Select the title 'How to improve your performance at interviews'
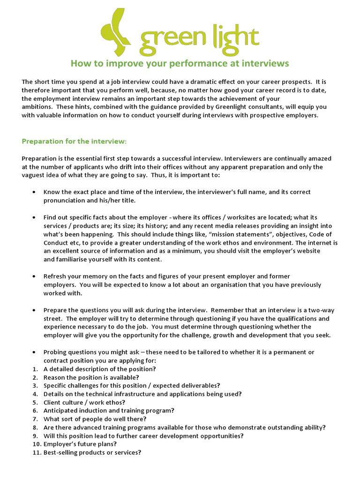tap(180, 63)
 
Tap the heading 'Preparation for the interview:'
tap(74, 141)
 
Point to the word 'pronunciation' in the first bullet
tap(65, 200)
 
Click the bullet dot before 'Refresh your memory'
tap(34, 277)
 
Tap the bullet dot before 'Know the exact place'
tap(34, 192)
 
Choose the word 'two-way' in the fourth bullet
tap(322, 310)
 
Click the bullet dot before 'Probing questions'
tap(34, 352)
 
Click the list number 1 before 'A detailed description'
tap(35, 368)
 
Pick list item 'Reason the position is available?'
tap(91, 377)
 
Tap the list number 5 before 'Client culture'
tap(35, 402)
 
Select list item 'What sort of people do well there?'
tap(95, 419)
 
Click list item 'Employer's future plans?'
tap(80, 444)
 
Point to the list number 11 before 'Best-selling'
tap(37, 452)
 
